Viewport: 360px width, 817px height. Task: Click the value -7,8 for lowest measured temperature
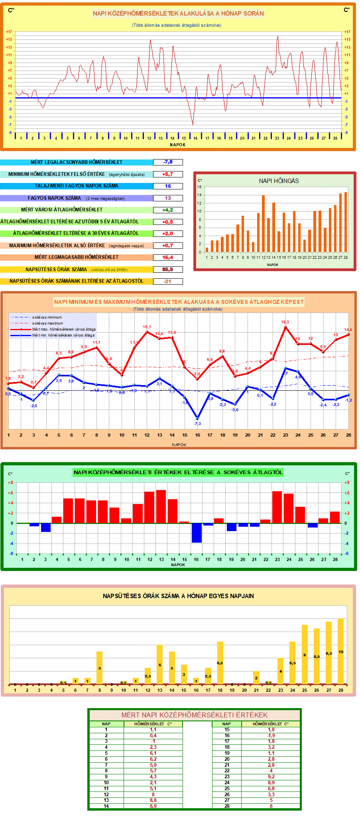pos(168,162)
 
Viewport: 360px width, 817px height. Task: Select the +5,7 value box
pos(168,174)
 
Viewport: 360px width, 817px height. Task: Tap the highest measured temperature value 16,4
pos(168,258)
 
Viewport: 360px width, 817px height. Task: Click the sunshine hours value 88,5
pos(168,270)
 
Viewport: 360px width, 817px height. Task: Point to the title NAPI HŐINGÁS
pos(279,181)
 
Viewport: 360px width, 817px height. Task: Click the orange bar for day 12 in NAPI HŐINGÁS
pos(263,223)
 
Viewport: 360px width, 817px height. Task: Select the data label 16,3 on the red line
pos(285,322)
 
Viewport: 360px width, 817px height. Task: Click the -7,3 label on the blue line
pos(197,423)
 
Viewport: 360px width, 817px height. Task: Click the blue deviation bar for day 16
pos(196,533)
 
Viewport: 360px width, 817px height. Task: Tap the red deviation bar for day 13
pos(161,506)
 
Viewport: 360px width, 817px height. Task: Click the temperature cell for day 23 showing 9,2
pos(271,777)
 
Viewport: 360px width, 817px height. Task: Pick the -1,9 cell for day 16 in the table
pos(271,736)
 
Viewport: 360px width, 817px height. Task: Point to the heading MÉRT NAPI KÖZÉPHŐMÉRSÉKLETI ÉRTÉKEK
pos(195,715)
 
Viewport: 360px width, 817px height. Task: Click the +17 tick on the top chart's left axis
pos(9,32)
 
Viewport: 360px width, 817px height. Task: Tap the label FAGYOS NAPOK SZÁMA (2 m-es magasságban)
pos(76,198)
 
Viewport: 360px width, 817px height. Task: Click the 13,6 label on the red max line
pos(172,333)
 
